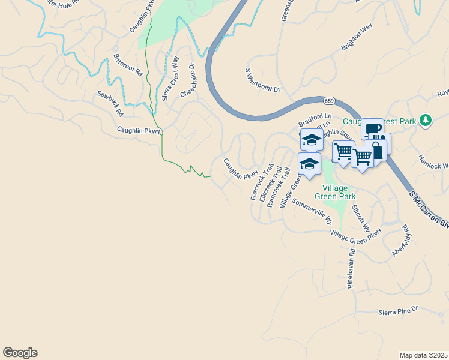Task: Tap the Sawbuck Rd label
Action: click(x=110, y=103)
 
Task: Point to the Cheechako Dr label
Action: click(x=188, y=81)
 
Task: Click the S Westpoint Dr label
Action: click(x=263, y=80)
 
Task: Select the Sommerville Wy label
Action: click(x=312, y=209)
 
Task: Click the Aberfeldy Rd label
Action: click(x=400, y=241)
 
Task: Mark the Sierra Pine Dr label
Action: click(x=397, y=312)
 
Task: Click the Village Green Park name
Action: click(x=335, y=191)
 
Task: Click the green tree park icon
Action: click(x=426, y=120)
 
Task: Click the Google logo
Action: click(x=20, y=353)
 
